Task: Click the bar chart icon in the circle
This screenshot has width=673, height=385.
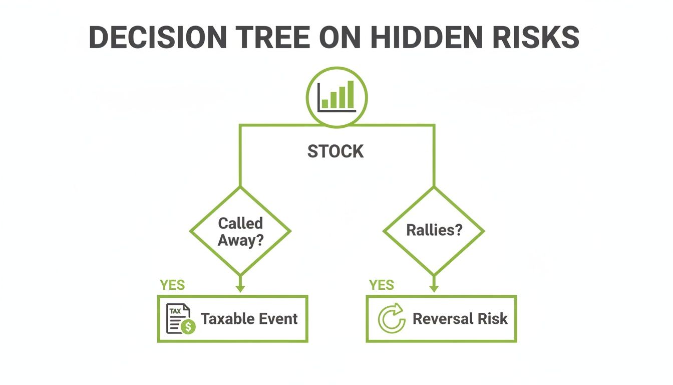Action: [337, 96]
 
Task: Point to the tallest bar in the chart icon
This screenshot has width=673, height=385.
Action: [351, 94]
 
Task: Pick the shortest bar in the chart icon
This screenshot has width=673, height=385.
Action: [325, 103]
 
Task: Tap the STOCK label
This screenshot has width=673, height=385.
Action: [335, 151]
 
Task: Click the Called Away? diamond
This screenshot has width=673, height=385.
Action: [240, 231]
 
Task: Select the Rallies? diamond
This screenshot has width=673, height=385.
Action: [434, 231]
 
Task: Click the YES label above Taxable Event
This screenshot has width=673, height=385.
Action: [172, 285]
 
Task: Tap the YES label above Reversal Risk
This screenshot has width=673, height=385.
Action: [382, 285]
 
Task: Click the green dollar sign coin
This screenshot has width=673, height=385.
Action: [189, 327]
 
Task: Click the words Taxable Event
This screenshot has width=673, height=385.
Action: [249, 319]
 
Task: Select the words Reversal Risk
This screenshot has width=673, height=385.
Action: [460, 319]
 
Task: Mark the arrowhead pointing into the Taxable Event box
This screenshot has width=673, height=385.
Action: [240, 289]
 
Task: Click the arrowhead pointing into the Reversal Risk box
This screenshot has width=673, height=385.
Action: [434, 289]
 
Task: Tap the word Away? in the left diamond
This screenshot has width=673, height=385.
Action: [240, 240]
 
